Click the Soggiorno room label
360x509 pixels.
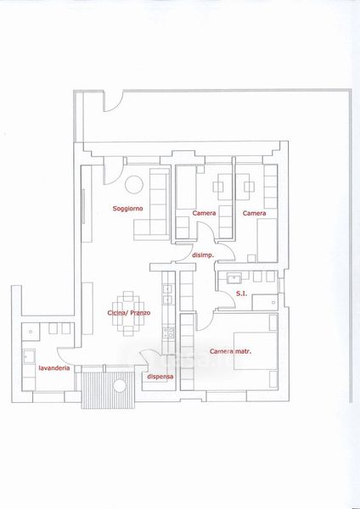(127, 209)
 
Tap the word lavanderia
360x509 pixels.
(54, 368)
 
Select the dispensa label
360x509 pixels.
(160, 377)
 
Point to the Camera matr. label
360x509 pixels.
(230, 351)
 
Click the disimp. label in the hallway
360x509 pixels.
(203, 255)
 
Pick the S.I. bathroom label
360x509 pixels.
(241, 294)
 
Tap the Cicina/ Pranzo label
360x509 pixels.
(129, 313)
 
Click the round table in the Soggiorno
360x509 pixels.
(134, 185)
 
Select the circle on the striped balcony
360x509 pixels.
(120, 386)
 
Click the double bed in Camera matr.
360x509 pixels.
(256, 351)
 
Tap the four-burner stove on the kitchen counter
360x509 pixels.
(168, 333)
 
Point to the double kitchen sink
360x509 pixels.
(167, 294)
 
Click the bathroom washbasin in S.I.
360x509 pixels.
(234, 278)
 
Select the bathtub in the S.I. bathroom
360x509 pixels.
(265, 302)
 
